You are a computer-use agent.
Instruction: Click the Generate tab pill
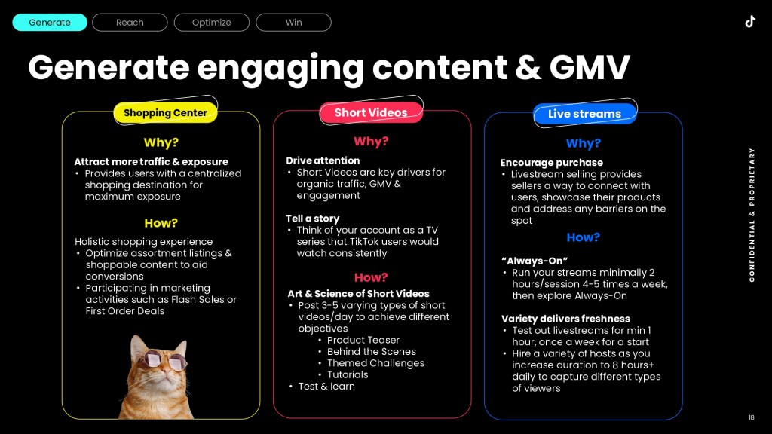click(x=50, y=23)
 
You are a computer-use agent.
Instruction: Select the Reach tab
click(x=130, y=23)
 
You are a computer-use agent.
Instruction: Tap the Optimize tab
click(x=212, y=23)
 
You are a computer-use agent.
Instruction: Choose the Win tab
click(x=293, y=23)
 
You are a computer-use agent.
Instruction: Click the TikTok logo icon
click(x=750, y=22)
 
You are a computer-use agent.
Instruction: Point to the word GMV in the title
click(x=590, y=67)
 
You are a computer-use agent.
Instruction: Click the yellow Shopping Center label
click(x=165, y=113)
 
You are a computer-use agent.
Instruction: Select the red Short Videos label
click(x=371, y=113)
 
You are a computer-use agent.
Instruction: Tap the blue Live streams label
click(x=584, y=114)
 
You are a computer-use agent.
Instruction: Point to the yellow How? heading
click(x=161, y=223)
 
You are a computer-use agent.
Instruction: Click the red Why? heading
click(x=371, y=142)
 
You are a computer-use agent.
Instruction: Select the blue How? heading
click(x=584, y=237)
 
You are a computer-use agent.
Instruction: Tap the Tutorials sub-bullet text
click(x=348, y=375)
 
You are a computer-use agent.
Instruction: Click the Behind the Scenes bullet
click(x=371, y=352)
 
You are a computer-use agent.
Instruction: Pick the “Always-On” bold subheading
click(x=535, y=261)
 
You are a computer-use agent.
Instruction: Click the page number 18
click(x=752, y=417)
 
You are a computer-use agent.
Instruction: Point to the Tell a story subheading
click(x=313, y=219)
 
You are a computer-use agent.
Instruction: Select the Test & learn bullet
click(x=326, y=387)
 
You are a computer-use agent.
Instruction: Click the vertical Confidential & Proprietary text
click(x=752, y=215)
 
